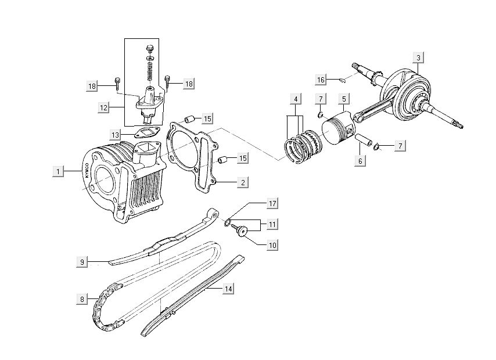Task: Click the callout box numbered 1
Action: point(57,171)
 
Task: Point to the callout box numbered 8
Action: point(83,299)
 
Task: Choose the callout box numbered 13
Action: point(116,135)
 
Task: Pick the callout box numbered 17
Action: point(271,203)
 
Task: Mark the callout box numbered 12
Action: point(103,107)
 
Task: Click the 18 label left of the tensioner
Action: point(92,86)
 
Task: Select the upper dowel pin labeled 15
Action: point(188,119)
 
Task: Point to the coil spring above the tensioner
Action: point(149,73)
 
